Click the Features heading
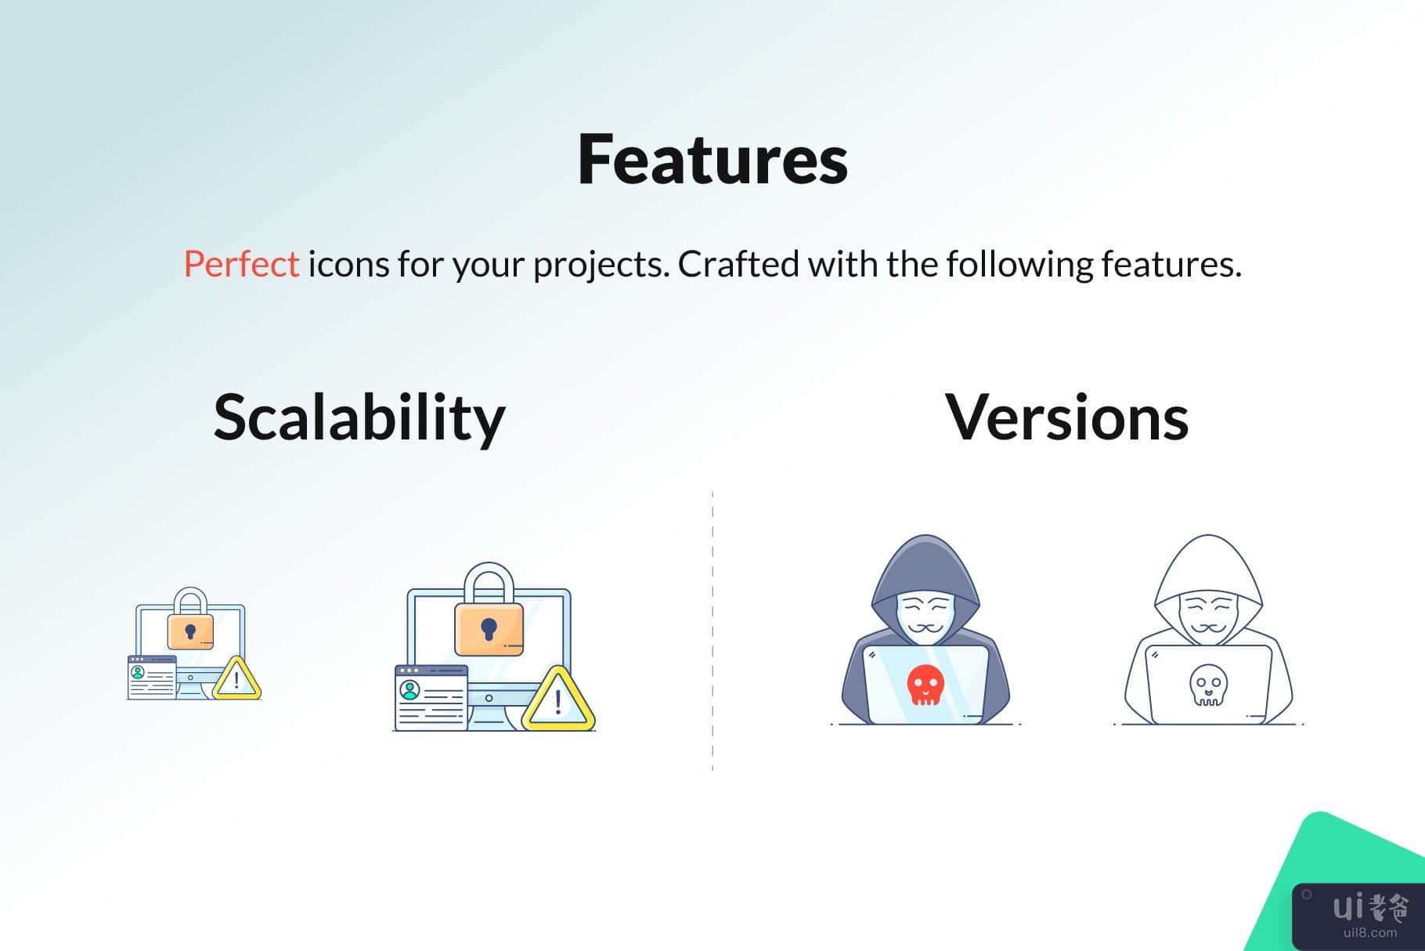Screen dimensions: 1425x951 tap(712, 159)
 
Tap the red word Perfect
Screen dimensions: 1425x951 tap(241, 264)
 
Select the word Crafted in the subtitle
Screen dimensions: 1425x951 tap(738, 264)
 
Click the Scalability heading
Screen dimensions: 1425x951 tap(359, 418)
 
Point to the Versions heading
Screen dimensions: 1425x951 tap(1067, 418)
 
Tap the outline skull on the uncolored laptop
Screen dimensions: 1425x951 tap(1208, 685)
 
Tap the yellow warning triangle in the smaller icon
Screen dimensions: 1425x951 tap(236, 679)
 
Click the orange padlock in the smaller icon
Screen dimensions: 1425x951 tap(190, 619)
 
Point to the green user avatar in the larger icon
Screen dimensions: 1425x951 tap(409, 690)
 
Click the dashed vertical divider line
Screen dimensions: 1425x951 tap(712, 631)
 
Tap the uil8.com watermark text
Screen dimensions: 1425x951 tap(1370, 932)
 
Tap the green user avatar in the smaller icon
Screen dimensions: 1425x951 tap(138, 672)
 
